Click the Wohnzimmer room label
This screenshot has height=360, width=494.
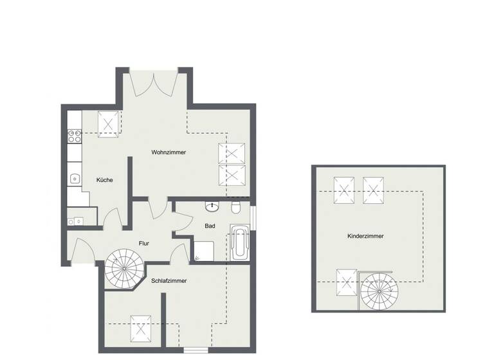[169, 152]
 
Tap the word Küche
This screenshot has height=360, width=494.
[105, 180]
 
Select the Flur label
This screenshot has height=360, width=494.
[144, 243]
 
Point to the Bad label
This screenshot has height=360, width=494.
[210, 226]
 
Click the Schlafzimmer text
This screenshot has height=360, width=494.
[169, 281]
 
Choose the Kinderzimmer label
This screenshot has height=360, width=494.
[365, 237]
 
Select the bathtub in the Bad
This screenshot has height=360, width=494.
[239, 245]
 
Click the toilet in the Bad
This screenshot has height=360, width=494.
[237, 207]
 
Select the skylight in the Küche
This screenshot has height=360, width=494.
[108, 122]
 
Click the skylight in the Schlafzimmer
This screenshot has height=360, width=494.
[141, 328]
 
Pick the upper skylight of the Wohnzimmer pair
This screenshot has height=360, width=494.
[232, 154]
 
